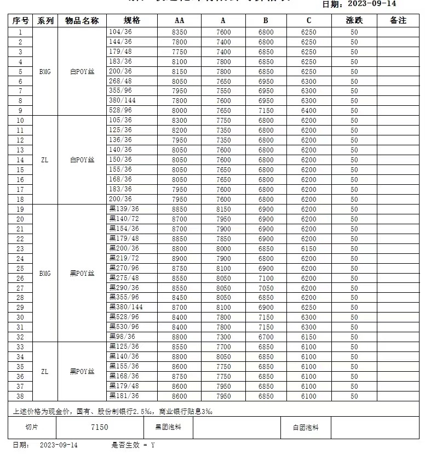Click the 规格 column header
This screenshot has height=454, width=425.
tap(132, 20)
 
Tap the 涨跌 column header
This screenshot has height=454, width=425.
tap(354, 20)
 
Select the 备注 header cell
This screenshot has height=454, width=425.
tap(398, 20)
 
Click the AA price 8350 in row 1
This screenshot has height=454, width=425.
tap(179, 32)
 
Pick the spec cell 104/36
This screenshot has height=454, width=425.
tap(120, 32)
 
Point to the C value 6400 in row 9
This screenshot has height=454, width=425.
tap(308, 111)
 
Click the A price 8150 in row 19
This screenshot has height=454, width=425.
tap(223, 209)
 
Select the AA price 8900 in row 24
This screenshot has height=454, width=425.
tap(179, 259)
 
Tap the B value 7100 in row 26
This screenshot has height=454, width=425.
tap(266, 279)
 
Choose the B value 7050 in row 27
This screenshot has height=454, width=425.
tap(266, 288)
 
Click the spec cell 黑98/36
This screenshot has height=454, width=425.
tap(122, 337)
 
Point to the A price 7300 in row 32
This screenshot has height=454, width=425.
tap(223, 337)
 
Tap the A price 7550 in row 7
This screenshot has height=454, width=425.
tap(223, 91)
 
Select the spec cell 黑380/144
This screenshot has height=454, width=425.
tap(126, 307)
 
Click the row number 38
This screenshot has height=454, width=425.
tap(20, 396)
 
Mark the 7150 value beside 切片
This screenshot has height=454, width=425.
tap(100, 427)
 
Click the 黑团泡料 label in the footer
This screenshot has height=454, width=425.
tap(168, 427)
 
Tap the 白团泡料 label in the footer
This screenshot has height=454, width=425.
tap(306, 427)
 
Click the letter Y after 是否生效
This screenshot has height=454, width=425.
tap(153, 445)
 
